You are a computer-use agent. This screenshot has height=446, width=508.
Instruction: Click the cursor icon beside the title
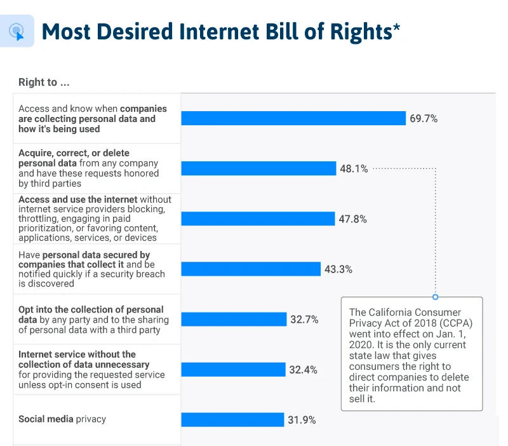[x=17, y=31]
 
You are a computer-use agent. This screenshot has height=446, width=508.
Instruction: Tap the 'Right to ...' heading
[x=44, y=82]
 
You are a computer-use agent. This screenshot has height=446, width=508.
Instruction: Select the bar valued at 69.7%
[x=293, y=118]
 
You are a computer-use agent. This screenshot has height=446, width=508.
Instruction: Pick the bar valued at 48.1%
[x=258, y=168]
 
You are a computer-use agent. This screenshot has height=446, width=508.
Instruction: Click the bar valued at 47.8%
[x=258, y=219]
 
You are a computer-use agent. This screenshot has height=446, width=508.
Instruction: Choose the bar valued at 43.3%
[x=251, y=269]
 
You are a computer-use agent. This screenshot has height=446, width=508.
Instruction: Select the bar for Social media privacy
[x=232, y=419]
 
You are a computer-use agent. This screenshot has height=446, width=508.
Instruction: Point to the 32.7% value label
[x=304, y=319]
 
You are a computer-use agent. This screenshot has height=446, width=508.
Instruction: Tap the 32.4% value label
[x=304, y=369]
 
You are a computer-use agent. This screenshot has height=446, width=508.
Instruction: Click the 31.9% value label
[x=302, y=419]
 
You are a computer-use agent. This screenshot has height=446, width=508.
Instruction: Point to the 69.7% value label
[x=424, y=118]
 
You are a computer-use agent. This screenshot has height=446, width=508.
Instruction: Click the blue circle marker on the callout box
[x=435, y=297]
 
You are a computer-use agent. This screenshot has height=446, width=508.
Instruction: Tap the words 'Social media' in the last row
[x=46, y=419]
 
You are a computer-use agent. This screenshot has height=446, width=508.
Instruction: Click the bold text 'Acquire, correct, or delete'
[x=74, y=153]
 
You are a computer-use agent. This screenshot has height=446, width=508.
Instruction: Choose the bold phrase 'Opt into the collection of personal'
[x=91, y=309]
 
